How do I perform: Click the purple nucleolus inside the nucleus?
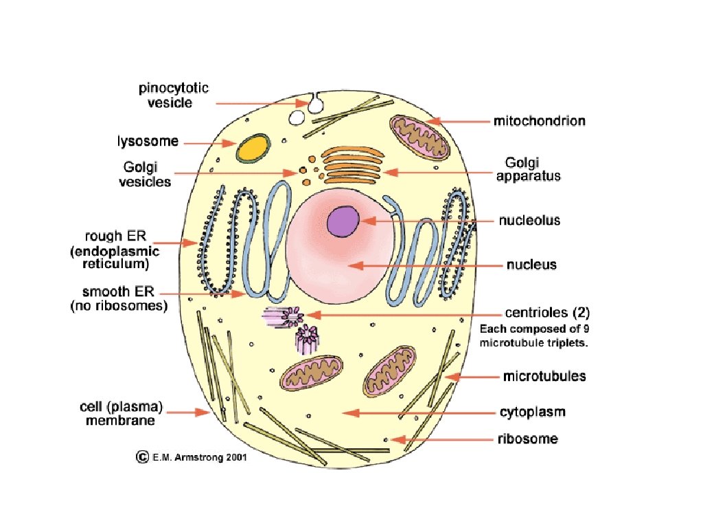[343, 221]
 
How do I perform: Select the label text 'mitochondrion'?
[539, 122]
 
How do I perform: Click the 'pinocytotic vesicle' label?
[174, 96]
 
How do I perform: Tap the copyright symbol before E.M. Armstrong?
[143, 456]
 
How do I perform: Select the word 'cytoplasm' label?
[532, 412]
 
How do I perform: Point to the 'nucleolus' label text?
[529, 221]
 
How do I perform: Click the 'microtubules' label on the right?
[544, 377]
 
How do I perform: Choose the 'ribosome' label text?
[527, 439]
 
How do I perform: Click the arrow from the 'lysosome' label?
[209, 143]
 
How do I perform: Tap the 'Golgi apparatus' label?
[533, 169]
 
